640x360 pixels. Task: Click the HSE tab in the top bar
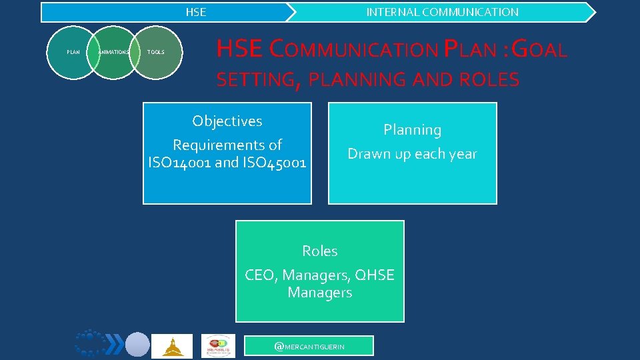(x=195, y=12)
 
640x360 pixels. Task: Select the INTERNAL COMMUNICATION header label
(x=442, y=12)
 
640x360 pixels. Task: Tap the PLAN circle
(x=73, y=52)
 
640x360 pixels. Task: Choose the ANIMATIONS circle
(x=113, y=52)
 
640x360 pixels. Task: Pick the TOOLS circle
(x=155, y=52)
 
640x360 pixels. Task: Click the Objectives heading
(x=227, y=121)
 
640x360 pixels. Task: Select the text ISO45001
(x=273, y=162)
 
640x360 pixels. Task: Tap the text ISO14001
(x=181, y=162)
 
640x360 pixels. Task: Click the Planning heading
(x=412, y=130)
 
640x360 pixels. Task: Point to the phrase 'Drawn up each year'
(x=412, y=154)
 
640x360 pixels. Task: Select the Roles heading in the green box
(x=319, y=251)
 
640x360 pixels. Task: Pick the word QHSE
(x=375, y=275)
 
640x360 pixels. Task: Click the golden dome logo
(x=172, y=346)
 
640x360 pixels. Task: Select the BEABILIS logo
(x=218, y=346)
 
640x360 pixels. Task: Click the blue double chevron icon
(x=115, y=344)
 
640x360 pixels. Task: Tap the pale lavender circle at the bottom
(x=138, y=345)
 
